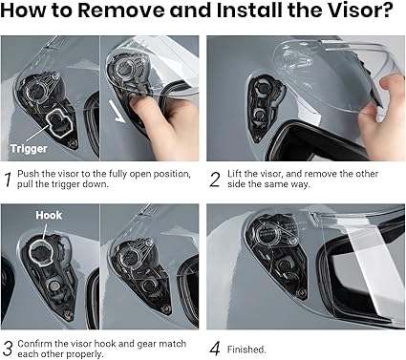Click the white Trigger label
coord(29,149)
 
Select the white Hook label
coord(49,215)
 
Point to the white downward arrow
coord(117,111)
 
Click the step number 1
coord(9,180)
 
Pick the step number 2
coord(215,180)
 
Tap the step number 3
coord(8,349)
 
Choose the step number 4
coord(215,349)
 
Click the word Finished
coord(246,349)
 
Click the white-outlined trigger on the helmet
coord(59,122)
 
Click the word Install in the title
coord(250,11)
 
